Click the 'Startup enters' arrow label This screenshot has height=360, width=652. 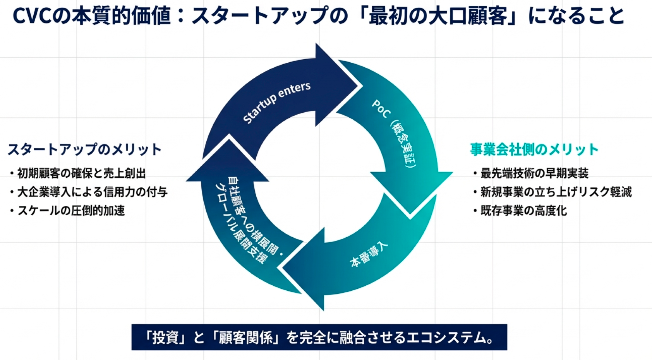[276, 102]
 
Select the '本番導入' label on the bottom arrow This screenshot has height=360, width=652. [368, 255]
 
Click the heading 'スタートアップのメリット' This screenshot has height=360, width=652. [84, 149]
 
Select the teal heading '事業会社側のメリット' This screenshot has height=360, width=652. [534, 149]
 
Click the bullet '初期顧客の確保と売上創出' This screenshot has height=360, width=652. [81, 173]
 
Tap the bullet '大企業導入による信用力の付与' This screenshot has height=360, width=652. [92, 192]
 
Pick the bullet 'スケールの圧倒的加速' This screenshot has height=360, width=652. [71, 211]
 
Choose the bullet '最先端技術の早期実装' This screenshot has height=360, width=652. [534, 173]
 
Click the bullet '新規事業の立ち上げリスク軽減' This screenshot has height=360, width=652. [556, 192]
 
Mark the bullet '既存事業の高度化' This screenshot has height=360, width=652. [523, 211]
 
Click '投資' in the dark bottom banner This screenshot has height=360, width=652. [165, 338]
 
